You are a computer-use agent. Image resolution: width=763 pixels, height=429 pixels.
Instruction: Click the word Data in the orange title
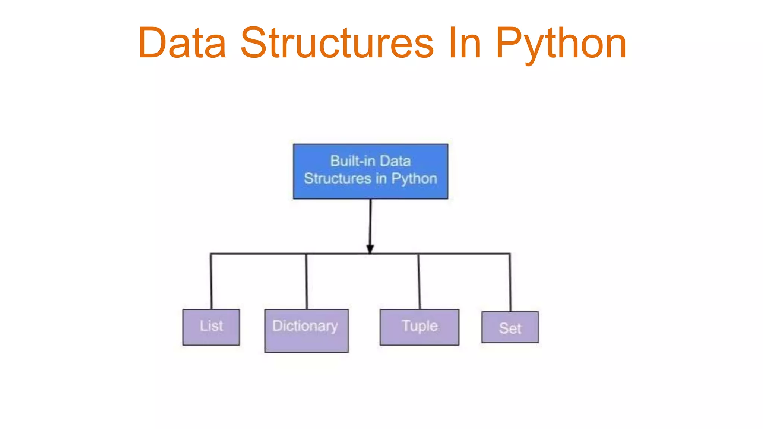(x=182, y=44)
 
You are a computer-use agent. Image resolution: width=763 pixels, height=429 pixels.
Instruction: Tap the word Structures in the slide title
(x=337, y=44)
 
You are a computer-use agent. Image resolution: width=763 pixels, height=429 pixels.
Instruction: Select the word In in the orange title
(x=465, y=44)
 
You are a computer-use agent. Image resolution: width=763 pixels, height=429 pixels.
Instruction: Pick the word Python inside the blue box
(x=414, y=179)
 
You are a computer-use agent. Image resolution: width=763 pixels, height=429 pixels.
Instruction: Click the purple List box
(x=211, y=327)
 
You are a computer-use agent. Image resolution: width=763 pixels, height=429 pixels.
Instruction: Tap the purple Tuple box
(x=419, y=327)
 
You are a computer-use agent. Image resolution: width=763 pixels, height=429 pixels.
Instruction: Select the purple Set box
(x=510, y=327)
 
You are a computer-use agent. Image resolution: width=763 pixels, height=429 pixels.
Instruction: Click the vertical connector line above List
(x=211, y=281)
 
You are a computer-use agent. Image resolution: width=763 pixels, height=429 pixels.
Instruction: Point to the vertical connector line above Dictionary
(x=307, y=281)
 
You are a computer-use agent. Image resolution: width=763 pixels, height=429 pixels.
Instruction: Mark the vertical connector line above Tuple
(x=419, y=281)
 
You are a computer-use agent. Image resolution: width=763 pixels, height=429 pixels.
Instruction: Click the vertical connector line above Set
(x=510, y=282)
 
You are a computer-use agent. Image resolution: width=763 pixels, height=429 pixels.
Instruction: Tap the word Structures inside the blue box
(x=338, y=178)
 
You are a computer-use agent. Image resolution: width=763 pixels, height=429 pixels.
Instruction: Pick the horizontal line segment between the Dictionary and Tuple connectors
(x=395, y=254)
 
